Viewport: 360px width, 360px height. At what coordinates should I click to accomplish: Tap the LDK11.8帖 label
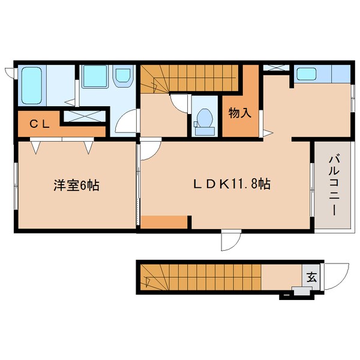pos(232,185)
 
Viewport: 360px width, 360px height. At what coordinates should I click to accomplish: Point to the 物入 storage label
pos(240,113)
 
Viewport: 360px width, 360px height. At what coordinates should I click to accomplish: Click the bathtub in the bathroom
pos(31,86)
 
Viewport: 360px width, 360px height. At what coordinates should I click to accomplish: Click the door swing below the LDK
pos(230,241)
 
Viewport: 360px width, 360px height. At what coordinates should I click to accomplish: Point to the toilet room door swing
pos(179,102)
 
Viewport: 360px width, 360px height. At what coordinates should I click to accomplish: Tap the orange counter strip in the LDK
pos(164,222)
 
